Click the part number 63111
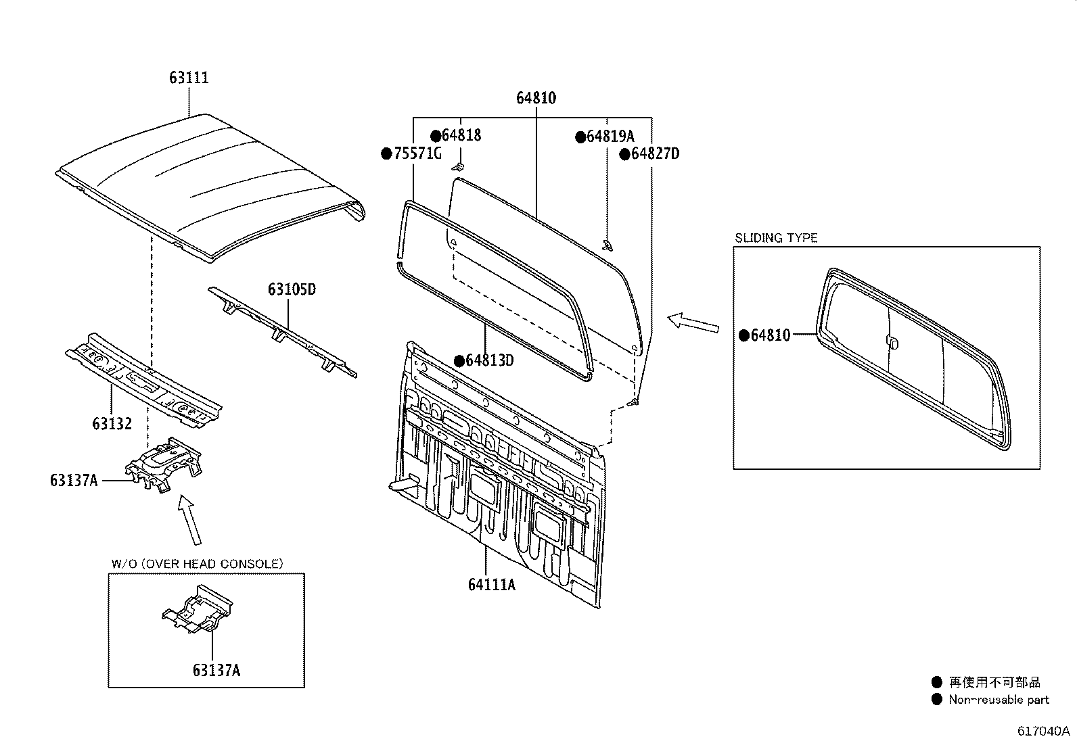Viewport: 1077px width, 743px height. [189, 78]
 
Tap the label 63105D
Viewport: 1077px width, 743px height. [292, 289]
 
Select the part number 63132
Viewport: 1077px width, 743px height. [112, 424]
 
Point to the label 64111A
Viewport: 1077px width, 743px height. [491, 584]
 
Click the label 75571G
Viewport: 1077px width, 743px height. [416, 154]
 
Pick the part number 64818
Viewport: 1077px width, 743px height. [461, 135]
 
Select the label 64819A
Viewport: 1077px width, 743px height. [610, 137]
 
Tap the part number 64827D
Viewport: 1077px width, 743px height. [654, 154]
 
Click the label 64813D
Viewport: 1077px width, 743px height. [489, 360]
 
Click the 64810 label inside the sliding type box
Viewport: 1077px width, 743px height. [770, 335]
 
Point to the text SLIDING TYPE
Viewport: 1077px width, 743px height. [776, 238]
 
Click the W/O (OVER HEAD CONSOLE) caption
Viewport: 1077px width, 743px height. [197, 564]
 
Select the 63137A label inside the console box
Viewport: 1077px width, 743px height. [216, 671]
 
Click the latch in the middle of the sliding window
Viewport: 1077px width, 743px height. [892, 342]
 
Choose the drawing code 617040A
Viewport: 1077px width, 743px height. [1043, 731]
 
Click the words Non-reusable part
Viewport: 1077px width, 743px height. [999, 700]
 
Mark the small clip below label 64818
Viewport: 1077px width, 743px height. [459, 166]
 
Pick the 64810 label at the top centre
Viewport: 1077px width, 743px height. [536, 98]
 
